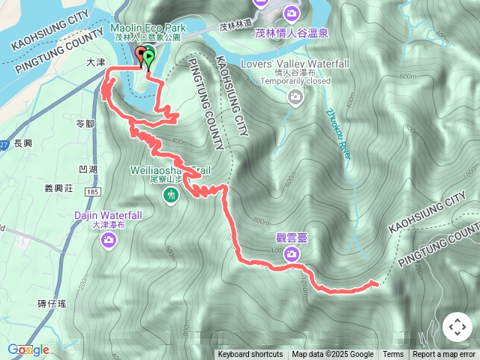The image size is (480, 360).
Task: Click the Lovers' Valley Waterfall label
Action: tap(295, 63)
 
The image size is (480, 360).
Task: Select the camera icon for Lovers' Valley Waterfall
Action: tap(296, 96)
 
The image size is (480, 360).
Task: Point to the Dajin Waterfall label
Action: tap(103, 214)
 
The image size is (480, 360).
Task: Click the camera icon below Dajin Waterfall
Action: tap(109, 239)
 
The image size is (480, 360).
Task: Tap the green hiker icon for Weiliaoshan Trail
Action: tap(171, 196)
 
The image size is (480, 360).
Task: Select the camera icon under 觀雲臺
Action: tap(290, 255)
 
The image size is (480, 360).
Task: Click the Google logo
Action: tap(28, 349)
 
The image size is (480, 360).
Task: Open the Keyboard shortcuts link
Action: tap(250, 355)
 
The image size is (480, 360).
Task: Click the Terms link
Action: tap(393, 355)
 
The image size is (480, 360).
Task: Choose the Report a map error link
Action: tap(445, 355)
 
